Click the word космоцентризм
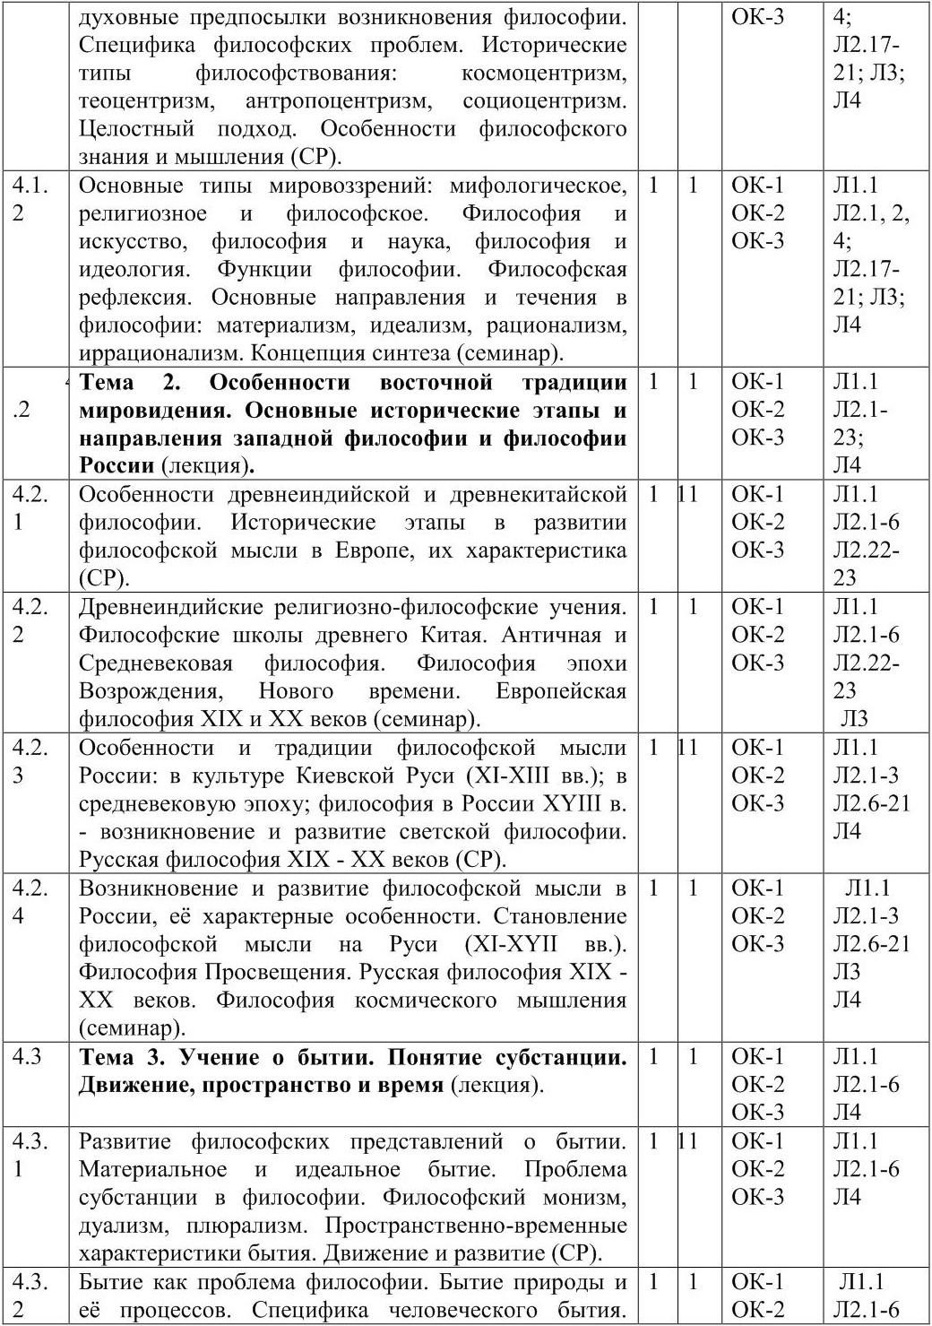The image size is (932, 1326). pyautogui.click(x=544, y=73)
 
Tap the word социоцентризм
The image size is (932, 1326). pyautogui.click(x=544, y=100)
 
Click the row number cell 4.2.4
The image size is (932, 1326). pyautogui.click(x=30, y=901)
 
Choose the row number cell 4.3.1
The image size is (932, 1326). pyautogui.click(x=30, y=1155)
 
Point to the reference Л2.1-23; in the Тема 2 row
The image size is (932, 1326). pyautogui.click(x=860, y=422)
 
